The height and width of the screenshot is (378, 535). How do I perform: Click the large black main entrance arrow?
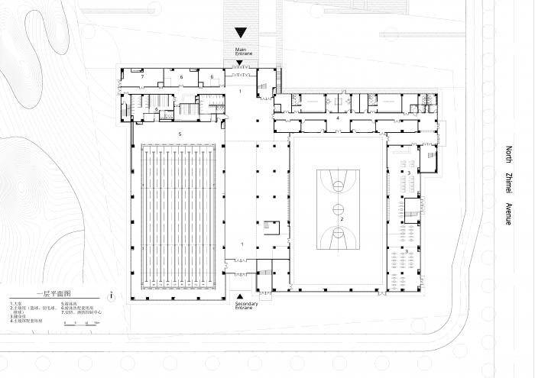241,33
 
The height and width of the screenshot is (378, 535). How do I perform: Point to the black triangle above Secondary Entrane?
241,295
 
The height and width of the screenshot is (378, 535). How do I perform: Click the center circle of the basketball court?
337,207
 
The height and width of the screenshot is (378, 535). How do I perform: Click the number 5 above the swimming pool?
179,134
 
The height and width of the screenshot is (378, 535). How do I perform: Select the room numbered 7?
142,77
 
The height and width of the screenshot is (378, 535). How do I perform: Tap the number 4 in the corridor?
337,119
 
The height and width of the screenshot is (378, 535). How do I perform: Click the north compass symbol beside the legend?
112,296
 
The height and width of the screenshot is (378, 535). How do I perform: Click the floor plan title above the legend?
53,293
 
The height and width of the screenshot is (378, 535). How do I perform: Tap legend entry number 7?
79,313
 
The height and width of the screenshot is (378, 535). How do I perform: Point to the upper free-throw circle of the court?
337,183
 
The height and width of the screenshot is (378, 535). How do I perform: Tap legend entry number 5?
69,303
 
